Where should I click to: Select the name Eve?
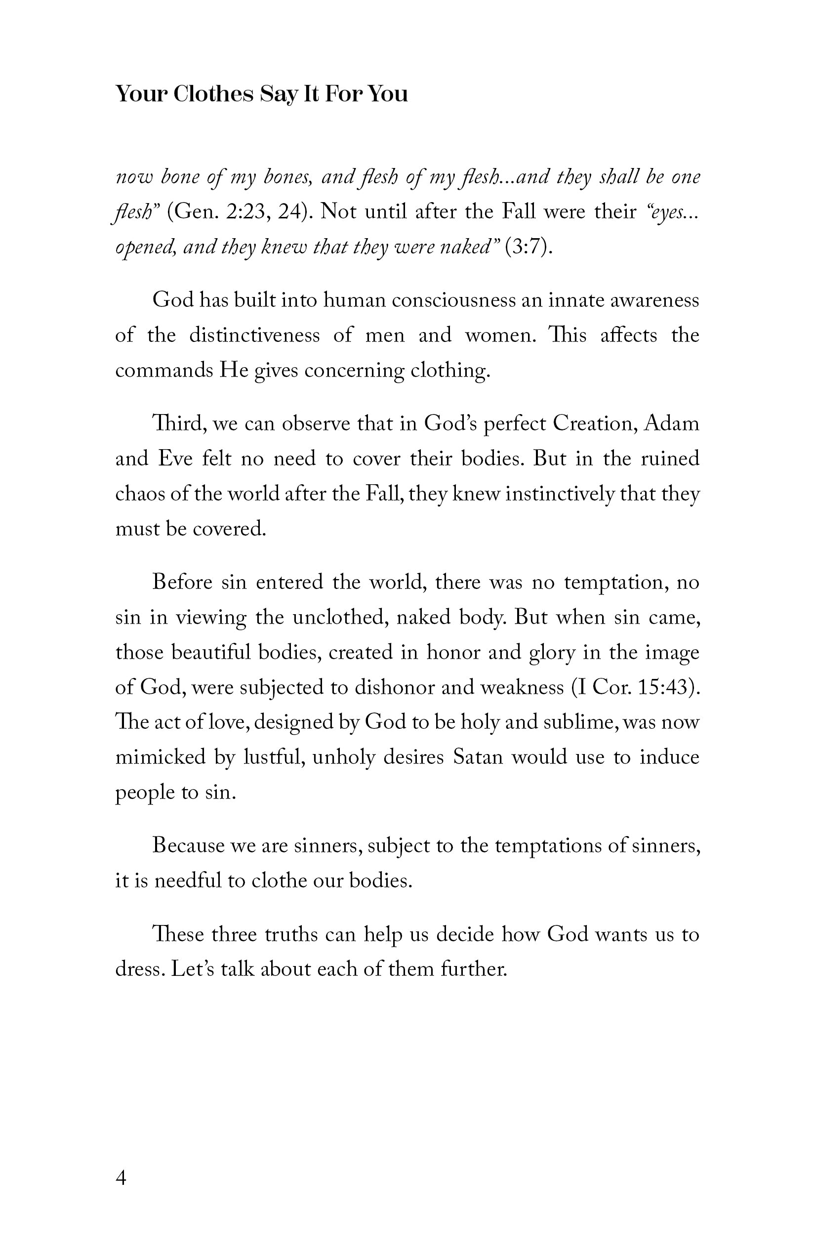pyautogui.click(x=175, y=459)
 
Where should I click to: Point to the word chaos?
pyautogui.click(x=139, y=494)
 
